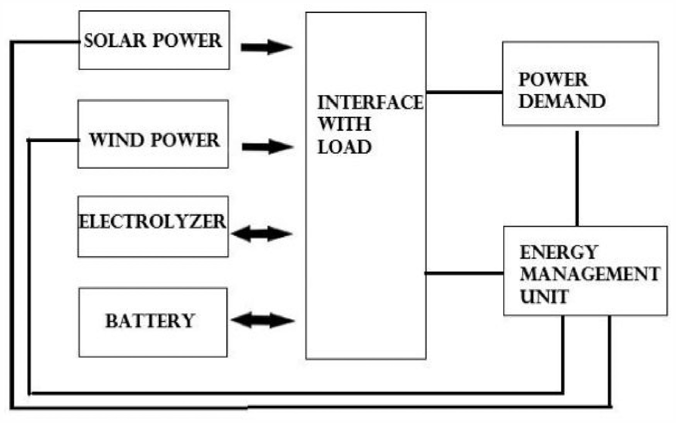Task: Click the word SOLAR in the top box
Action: click(x=115, y=41)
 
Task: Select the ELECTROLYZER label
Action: click(x=152, y=222)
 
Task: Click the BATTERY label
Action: click(x=150, y=321)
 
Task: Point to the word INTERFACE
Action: click(x=371, y=102)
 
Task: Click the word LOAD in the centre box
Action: click(x=344, y=147)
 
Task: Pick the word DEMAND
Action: click(x=562, y=101)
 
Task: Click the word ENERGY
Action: click(x=558, y=252)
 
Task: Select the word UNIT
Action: click(x=544, y=296)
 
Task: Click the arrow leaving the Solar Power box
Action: click(x=267, y=47)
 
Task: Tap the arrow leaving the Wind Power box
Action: click(x=268, y=147)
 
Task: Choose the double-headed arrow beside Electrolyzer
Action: click(x=262, y=233)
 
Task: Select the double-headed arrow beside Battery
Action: click(x=263, y=320)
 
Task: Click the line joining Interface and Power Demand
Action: click(x=465, y=92)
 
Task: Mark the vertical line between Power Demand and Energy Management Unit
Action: click(x=577, y=179)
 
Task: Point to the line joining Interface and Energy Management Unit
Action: click(x=464, y=273)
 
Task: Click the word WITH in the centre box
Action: click(x=344, y=124)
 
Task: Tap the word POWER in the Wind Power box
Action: click(x=185, y=140)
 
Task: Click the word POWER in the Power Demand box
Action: click(x=553, y=80)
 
